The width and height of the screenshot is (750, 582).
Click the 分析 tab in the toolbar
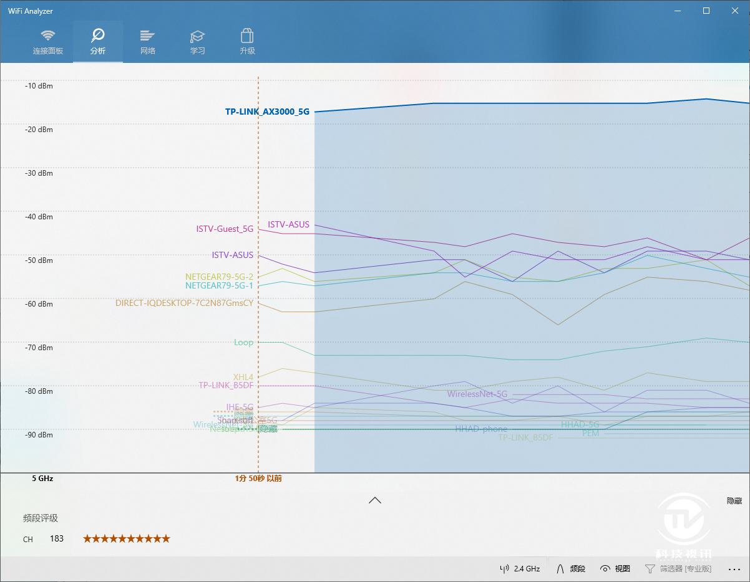click(x=97, y=42)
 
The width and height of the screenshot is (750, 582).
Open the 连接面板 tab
click(x=48, y=42)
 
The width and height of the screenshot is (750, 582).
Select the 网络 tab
click(x=147, y=42)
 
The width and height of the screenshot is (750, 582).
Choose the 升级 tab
click(x=247, y=42)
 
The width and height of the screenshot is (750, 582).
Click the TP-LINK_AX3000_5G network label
click(x=267, y=112)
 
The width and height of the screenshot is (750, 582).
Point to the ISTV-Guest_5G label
click(x=225, y=229)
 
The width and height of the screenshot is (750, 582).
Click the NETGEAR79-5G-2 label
click(x=219, y=277)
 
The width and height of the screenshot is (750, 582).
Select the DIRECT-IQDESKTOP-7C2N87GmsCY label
click(x=184, y=303)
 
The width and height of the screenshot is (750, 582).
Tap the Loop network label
click(x=243, y=342)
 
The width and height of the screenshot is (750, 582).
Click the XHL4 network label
click(x=243, y=377)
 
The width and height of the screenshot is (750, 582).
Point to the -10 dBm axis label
click(x=39, y=86)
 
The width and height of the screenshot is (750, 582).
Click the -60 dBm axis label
click(x=39, y=304)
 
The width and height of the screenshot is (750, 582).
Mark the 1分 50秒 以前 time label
click(x=258, y=479)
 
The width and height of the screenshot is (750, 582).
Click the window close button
click(x=735, y=11)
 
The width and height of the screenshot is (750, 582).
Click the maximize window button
click(x=706, y=11)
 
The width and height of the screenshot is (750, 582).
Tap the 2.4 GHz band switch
click(x=520, y=569)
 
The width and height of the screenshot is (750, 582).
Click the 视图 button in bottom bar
click(x=615, y=569)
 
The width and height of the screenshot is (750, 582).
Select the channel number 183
click(x=57, y=538)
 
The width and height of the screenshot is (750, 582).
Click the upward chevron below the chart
click(x=375, y=500)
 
